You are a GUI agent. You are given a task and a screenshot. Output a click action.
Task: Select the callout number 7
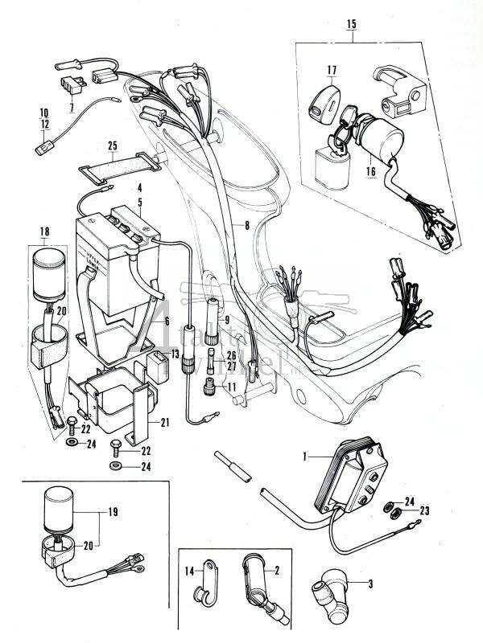click(x=71, y=107)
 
